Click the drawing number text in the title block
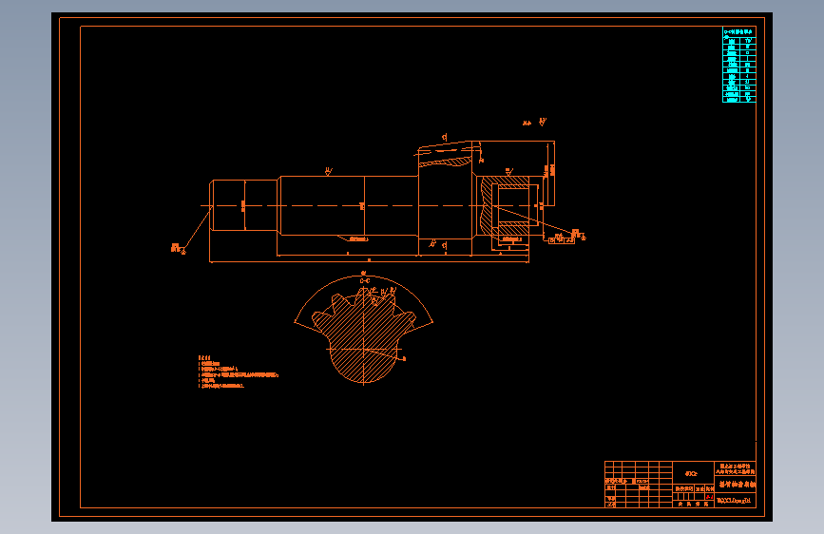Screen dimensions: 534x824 tap(734, 499)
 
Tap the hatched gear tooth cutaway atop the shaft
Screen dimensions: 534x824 tap(447, 157)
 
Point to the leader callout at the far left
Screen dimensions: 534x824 tap(177, 247)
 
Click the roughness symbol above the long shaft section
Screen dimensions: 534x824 tap(328, 172)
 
